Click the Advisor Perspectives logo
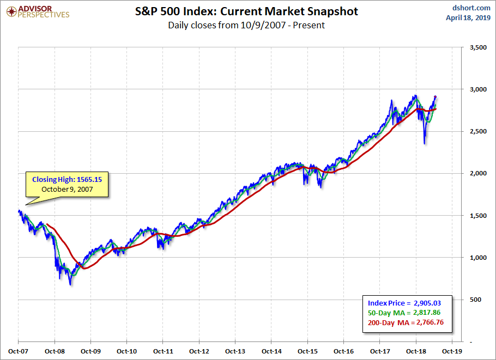[38, 11]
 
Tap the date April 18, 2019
[469, 18]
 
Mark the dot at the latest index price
[434, 97]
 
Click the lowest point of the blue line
[71, 284]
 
